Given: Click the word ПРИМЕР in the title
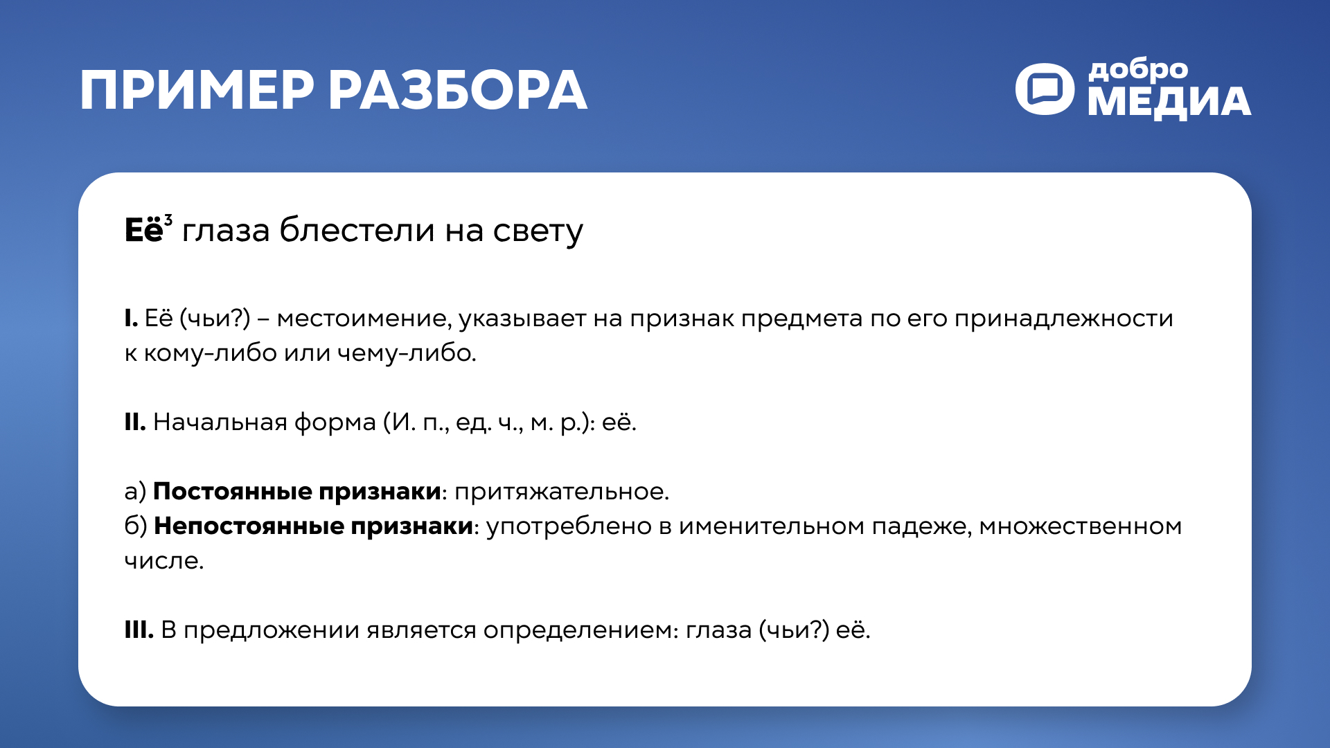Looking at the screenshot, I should click(197, 91).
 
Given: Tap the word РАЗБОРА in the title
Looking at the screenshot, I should click(457, 91).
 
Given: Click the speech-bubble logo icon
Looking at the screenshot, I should click(1045, 89).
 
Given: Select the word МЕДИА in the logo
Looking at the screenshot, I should click(1169, 103).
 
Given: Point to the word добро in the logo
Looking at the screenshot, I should click(1137, 70).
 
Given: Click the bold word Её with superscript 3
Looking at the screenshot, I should click(143, 231).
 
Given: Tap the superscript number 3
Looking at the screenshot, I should click(168, 220).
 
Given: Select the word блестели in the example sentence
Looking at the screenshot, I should click(357, 231).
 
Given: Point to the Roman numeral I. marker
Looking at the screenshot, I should click(131, 319).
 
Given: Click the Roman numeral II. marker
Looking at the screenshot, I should click(134, 422).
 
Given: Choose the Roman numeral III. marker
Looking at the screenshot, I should click(139, 630).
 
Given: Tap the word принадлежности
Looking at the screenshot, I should click(1063, 319).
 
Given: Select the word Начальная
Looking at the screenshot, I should click(220, 422).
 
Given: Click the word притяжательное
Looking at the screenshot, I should click(561, 492).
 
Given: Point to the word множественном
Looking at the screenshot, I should click(1080, 526).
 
